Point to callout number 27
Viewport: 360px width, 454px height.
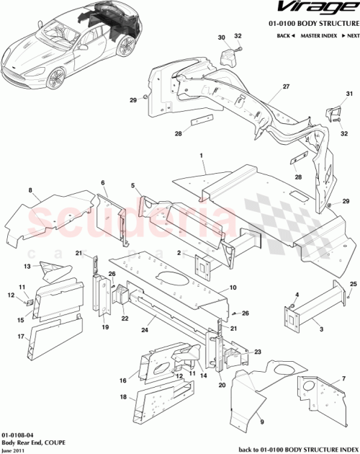click(265, 87)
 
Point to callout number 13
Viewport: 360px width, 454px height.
click(27, 266)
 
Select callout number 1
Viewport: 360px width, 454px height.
click(202, 155)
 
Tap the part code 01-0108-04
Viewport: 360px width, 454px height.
click(16, 436)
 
